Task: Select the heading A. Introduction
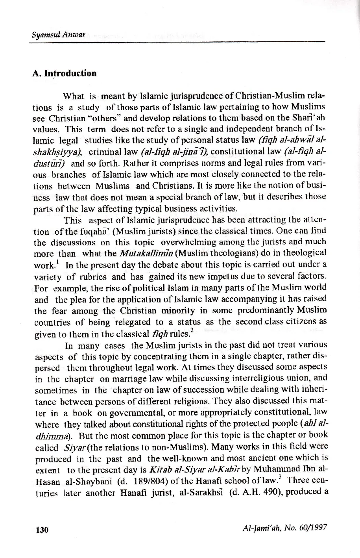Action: [x=64, y=74]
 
